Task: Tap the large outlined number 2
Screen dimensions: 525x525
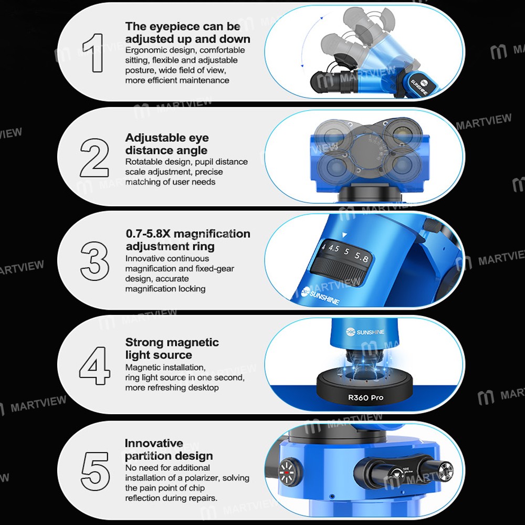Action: pyautogui.click(x=94, y=157)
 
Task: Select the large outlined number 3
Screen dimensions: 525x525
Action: pyautogui.click(x=94, y=261)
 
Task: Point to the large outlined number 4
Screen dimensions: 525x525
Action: pyautogui.click(x=94, y=365)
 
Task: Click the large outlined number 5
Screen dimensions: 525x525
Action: pyautogui.click(x=95, y=471)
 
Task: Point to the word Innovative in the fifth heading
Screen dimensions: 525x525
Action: pyautogui.click(x=154, y=443)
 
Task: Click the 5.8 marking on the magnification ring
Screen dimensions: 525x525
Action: pyautogui.click(x=362, y=257)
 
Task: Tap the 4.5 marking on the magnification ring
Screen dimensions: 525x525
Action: pyautogui.click(x=333, y=248)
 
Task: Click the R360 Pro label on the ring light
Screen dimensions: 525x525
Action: pyautogui.click(x=365, y=398)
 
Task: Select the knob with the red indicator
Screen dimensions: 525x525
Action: pyautogui.click(x=286, y=472)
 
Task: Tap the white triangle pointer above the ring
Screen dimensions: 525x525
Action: pyautogui.click(x=344, y=235)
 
